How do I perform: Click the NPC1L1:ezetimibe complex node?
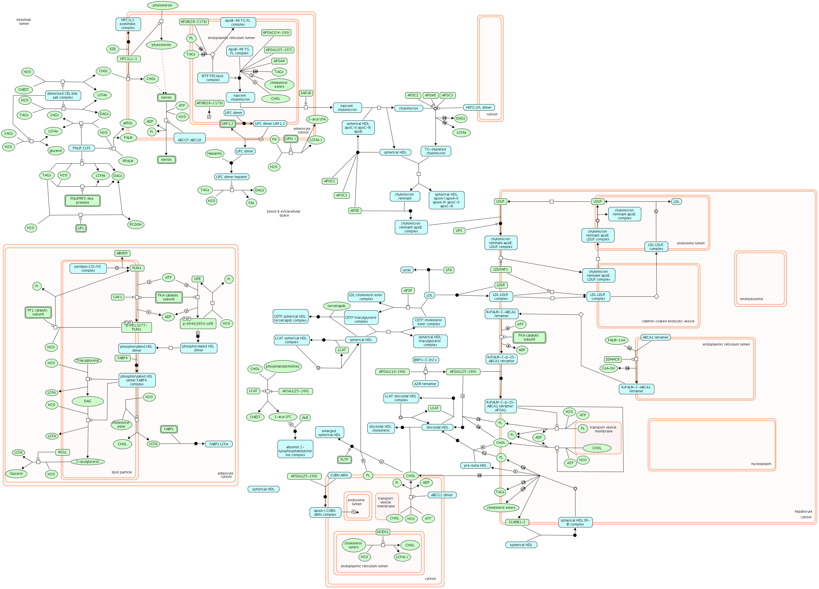click(128, 24)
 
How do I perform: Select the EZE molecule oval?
click(113, 49)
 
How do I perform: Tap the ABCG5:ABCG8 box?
click(189, 140)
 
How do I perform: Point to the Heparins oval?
click(215, 154)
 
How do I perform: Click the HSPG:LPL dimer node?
click(478, 107)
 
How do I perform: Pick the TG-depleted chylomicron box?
click(436, 151)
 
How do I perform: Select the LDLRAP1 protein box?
click(500, 269)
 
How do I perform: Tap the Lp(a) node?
click(407, 270)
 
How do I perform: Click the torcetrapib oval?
click(336, 306)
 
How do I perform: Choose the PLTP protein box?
click(344, 460)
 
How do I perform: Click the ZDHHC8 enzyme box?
click(613, 359)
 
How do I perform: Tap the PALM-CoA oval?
click(616, 340)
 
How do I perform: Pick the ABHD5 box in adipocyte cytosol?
click(122, 253)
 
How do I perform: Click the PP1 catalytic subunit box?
click(38, 312)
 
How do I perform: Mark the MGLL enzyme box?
click(62, 452)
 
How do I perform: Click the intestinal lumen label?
click(24, 22)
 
